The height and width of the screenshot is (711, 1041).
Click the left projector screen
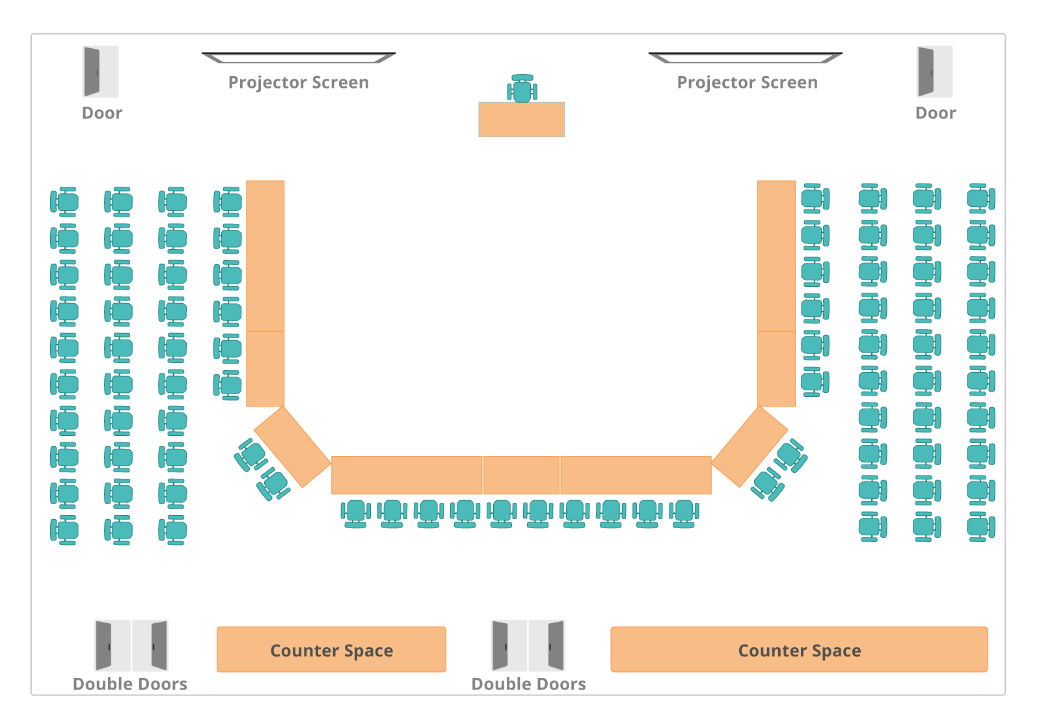coord(299,59)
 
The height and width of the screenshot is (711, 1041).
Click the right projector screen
coord(746,59)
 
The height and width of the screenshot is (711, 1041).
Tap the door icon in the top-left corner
coord(101,72)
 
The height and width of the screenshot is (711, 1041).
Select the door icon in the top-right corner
coord(934,72)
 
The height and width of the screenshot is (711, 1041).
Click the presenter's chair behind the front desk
coord(522,89)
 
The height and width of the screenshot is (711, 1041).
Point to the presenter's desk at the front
coord(521,119)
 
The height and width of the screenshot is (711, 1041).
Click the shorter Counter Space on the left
coord(331,649)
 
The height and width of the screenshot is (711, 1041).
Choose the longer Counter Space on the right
coord(799,649)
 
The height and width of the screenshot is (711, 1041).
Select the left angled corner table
coord(292,447)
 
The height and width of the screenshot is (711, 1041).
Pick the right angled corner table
coord(750,447)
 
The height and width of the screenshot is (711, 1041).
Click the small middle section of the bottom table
coord(521,475)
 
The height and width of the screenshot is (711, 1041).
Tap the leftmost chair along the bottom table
coord(355,513)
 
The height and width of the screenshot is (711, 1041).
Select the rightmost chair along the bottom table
coord(684,513)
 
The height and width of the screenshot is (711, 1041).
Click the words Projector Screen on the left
coord(299,83)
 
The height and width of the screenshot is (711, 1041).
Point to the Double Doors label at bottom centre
coord(528,684)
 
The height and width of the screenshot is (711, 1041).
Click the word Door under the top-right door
coord(936,113)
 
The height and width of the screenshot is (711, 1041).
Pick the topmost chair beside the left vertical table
coord(228,201)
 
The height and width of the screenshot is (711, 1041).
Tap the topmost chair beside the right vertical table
coord(815,198)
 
